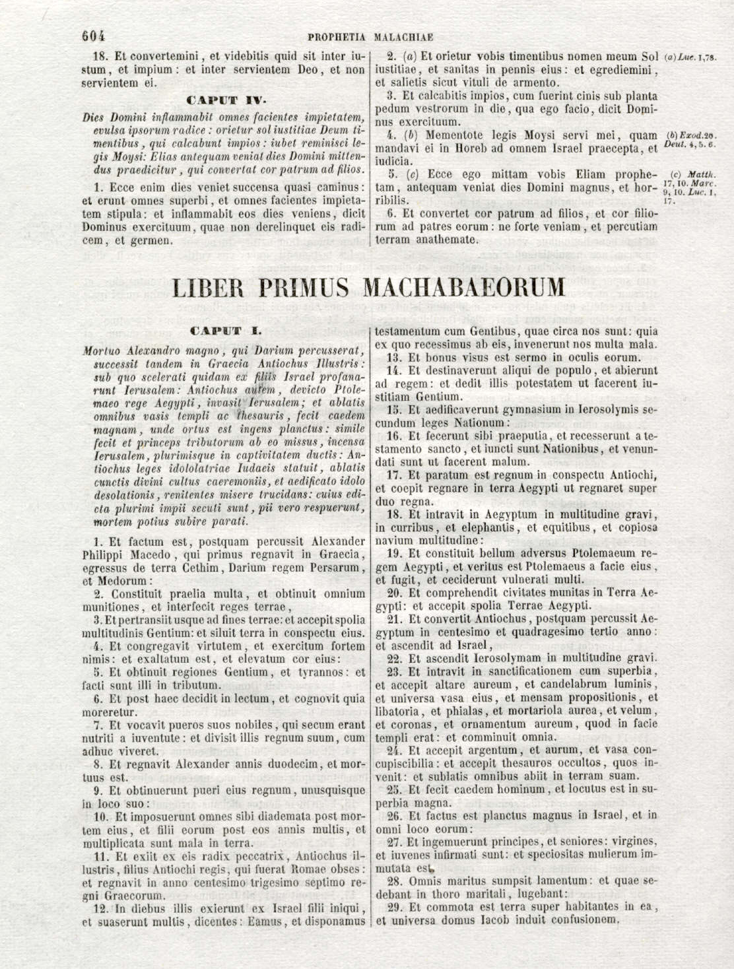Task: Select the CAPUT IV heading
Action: point(226,101)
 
